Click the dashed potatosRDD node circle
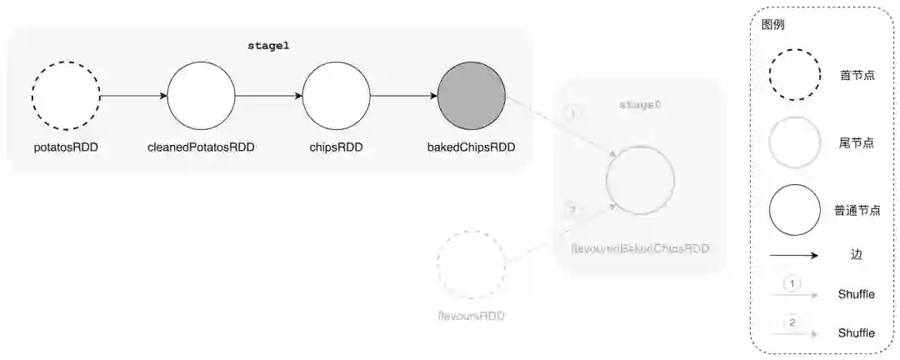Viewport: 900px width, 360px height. coord(66,95)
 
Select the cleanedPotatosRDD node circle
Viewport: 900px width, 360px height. coord(201,95)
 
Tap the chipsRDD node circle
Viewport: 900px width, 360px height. coord(336,95)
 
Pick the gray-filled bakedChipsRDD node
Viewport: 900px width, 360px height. coord(471,95)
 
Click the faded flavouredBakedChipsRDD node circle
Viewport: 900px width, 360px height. coord(641,181)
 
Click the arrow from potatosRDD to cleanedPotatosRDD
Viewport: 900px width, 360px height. coord(133,96)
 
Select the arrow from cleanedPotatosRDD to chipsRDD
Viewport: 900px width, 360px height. coord(268,96)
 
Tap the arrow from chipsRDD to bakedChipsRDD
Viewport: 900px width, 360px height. coord(403,96)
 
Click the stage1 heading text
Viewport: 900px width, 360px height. coord(268,46)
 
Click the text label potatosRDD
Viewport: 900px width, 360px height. coord(66,148)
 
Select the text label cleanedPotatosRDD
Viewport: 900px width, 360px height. coord(201,148)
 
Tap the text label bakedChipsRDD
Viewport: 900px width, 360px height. coord(471,148)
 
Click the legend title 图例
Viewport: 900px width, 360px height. coord(772,25)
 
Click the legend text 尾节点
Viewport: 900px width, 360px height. coord(856,142)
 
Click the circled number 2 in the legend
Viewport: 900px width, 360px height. coord(792,322)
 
